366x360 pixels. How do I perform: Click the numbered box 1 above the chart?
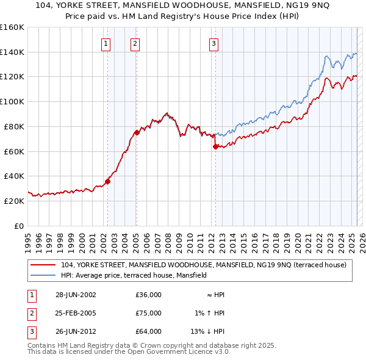click(x=106, y=43)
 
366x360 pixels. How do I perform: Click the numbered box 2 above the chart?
click(x=135, y=43)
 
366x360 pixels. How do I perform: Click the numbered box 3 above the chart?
click(x=214, y=43)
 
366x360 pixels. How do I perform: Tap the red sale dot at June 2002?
click(x=107, y=181)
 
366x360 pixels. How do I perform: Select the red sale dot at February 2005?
click(x=136, y=132)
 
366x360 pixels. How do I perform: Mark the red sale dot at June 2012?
click(x=215, y=146)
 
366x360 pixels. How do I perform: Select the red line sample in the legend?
click(x=43, y=265)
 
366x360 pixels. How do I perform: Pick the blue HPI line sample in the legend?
click(x=43, y=275)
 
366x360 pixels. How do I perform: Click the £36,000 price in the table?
click(x=148, y=295)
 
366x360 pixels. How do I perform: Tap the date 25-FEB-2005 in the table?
click(x=76, y=313)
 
